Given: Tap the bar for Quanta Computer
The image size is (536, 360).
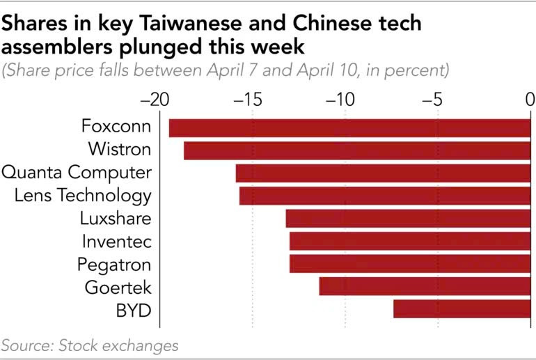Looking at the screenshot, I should point(383,173).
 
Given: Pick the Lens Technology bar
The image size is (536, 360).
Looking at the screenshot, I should point(385,196).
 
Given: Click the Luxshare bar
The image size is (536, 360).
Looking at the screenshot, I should point(408,219).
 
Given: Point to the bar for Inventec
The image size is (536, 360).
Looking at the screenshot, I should point(410,242).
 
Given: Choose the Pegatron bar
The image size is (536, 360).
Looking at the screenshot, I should point(410,264).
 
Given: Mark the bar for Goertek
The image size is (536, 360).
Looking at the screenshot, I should point(425,286).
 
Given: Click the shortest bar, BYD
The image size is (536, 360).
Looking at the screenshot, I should point(462,309).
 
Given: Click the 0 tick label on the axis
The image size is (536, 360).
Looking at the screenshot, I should point(529,100).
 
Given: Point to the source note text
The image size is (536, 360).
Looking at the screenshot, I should point(90,345).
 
